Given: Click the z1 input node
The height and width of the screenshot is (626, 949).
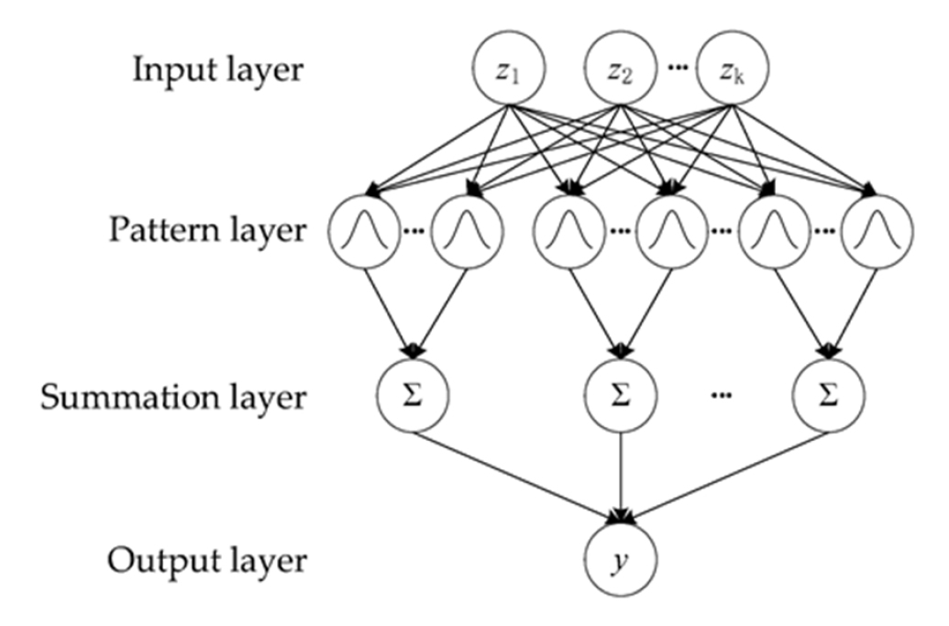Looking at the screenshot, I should coord(503,71).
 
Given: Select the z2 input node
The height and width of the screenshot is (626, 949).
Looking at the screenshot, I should coord(622,71).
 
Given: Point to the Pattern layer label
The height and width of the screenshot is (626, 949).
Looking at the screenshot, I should coord(206,230).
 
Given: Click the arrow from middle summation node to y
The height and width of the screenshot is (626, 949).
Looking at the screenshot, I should coord(623,477).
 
